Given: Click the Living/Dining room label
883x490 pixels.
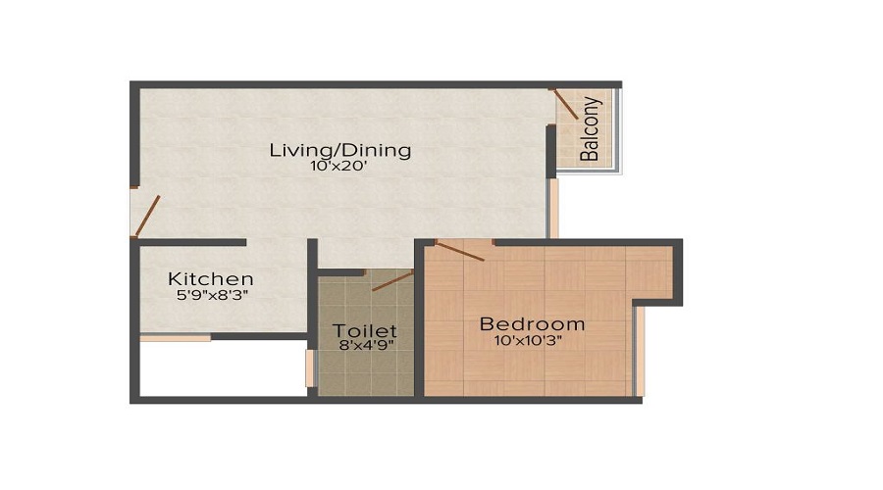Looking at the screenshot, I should (x=339, y=150).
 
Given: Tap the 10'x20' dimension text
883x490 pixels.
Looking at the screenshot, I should (x=339, y=167).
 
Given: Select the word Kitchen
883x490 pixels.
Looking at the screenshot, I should (x=210, y=279).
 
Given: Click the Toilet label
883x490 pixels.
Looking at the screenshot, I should (x=364, y=330).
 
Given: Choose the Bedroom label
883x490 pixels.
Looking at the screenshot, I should (x=532, y=323).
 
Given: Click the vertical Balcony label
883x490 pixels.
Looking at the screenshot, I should (x=590, y=128).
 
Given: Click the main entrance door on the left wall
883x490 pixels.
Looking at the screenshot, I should (x=147, y=217).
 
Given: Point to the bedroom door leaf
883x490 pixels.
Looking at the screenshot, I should (x=459, y=251).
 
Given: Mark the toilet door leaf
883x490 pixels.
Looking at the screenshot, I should (x=392, y=281).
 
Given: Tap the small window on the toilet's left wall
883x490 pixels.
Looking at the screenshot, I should (x=310, y=367).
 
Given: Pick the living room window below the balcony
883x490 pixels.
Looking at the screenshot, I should (x=552, y=209).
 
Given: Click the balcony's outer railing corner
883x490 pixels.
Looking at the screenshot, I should (x=619, y=171).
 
